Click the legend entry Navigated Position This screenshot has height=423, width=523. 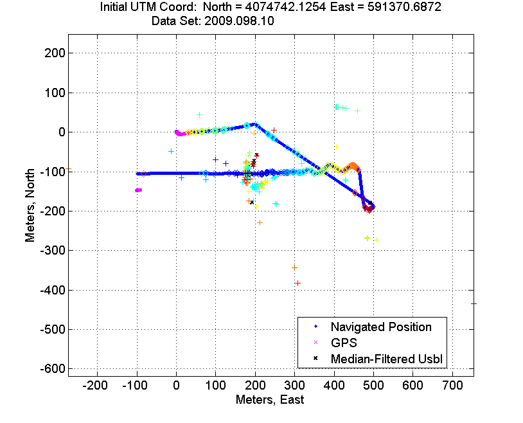[381, 327]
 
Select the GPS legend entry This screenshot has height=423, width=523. [344, 343]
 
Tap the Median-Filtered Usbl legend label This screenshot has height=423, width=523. [387, 359]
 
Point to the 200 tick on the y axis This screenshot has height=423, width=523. [55, 53]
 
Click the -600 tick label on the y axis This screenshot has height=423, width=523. [53, 369]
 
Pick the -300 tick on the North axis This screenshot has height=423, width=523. [53, 251]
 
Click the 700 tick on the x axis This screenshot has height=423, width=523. [452, 386]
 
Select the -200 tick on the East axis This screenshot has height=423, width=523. [95, 386]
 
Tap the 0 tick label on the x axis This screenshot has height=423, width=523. [177, 386]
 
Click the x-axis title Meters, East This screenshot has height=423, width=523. [270, 400]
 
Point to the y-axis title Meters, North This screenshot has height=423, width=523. [30, 205]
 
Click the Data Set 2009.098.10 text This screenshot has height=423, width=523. [213, 21]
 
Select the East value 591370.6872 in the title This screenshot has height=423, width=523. [404, 6]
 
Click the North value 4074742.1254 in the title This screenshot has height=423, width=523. [284, 6]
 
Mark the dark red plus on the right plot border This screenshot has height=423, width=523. [474, 304]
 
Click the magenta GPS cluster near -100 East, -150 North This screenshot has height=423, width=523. [138, 190]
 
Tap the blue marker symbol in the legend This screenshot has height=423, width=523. [315, 327]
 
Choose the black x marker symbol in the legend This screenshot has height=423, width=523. [315, 359]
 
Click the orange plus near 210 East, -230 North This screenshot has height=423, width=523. [260, 222]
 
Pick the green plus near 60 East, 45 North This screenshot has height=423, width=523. [199, 115]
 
